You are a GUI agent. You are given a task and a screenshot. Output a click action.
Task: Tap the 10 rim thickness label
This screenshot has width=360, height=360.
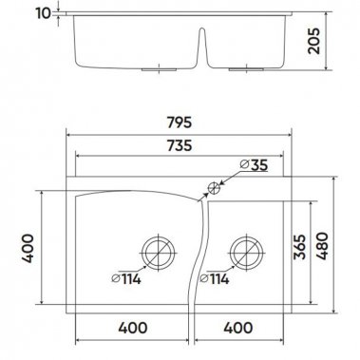41,14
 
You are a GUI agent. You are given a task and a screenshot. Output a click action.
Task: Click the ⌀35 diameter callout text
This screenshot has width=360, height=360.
253,165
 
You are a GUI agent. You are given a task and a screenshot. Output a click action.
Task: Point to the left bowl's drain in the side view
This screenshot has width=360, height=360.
153,69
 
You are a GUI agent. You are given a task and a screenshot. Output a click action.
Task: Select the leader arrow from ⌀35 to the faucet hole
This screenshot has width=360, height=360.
228,178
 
